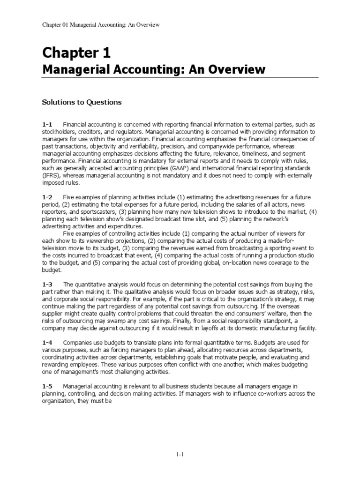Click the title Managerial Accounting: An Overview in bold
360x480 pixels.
[x=154, y=70]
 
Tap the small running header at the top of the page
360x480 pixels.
[x=102, y=24]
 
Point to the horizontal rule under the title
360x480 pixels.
[x=180, y=78]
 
